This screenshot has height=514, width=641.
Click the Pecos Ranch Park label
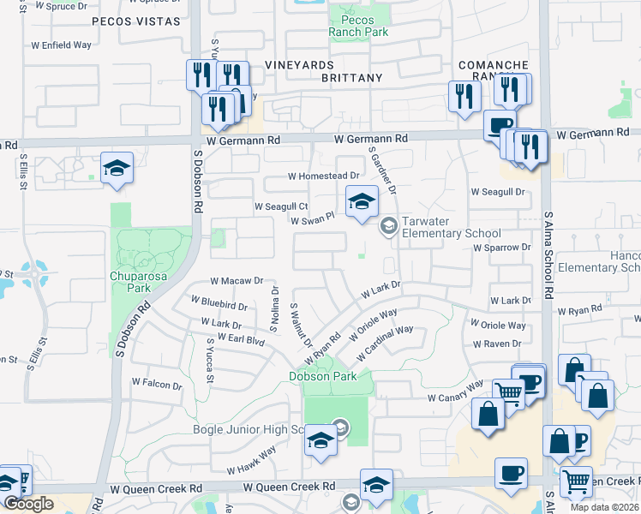pyautogui.click(x=358, y=26)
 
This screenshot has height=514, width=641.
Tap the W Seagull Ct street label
pyautogui.click(x=280, y=206)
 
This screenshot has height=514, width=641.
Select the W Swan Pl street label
pyautogui.click(x=310, y=221)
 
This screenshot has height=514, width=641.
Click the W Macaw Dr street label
pyautogui.click(x=236, y=281)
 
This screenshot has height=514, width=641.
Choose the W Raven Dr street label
pyautogui.click(x=496, y=344)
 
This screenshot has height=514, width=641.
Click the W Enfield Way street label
pyautogui.click(x=61, y=44)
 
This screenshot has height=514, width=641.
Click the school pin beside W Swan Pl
pyautogui.click(x=362, y=202)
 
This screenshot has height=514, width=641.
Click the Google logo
pyautogui.click(x=28, y=504)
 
